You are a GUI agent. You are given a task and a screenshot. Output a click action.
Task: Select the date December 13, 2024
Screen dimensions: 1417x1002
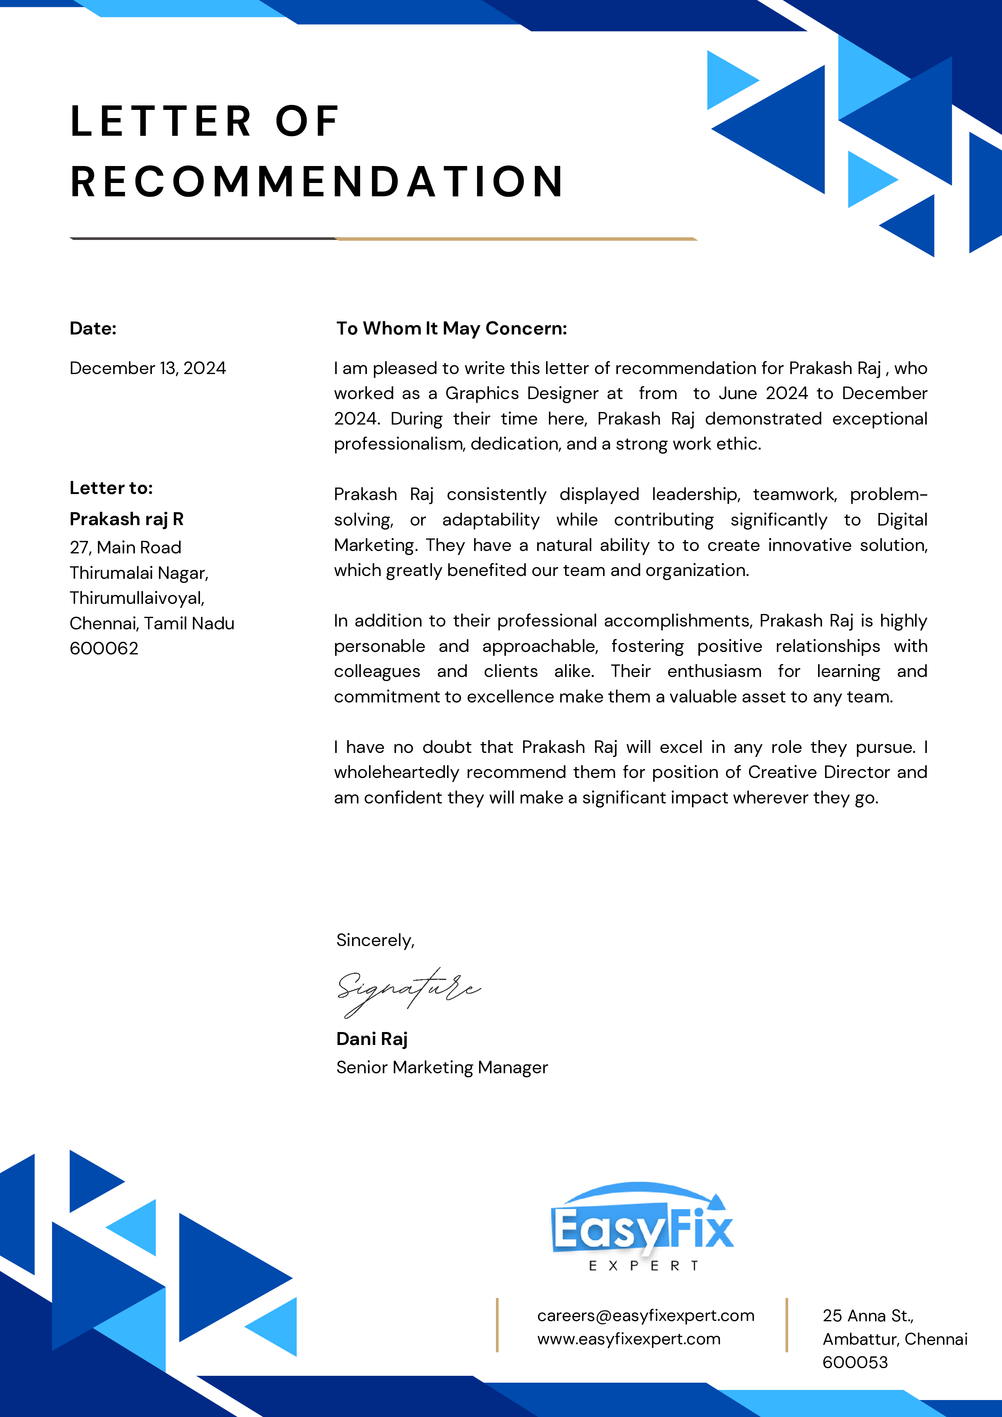tap(148, 368)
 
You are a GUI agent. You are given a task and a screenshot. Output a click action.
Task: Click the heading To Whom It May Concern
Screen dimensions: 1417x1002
tap(451, 328)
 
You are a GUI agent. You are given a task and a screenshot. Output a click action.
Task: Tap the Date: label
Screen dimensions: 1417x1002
tap(93, 328)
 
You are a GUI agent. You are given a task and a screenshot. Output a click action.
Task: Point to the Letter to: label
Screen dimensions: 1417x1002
tap(111, 488)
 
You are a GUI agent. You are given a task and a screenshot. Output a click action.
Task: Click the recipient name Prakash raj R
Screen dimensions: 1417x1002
tap(127, 519)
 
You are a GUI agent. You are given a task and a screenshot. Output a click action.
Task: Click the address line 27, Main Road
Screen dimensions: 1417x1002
tap(125, 547)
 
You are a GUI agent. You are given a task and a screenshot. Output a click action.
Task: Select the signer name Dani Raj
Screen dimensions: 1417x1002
tap(372, 1039)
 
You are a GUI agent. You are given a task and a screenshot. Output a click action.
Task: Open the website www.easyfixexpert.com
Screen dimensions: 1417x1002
tap(629, 1339)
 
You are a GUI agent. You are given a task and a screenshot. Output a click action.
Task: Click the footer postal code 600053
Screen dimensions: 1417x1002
tap(855, 1362)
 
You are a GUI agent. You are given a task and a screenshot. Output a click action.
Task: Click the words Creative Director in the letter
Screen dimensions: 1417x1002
tap(819, 772)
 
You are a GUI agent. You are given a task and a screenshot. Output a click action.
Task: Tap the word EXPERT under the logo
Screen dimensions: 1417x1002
tap(643, 1266)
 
